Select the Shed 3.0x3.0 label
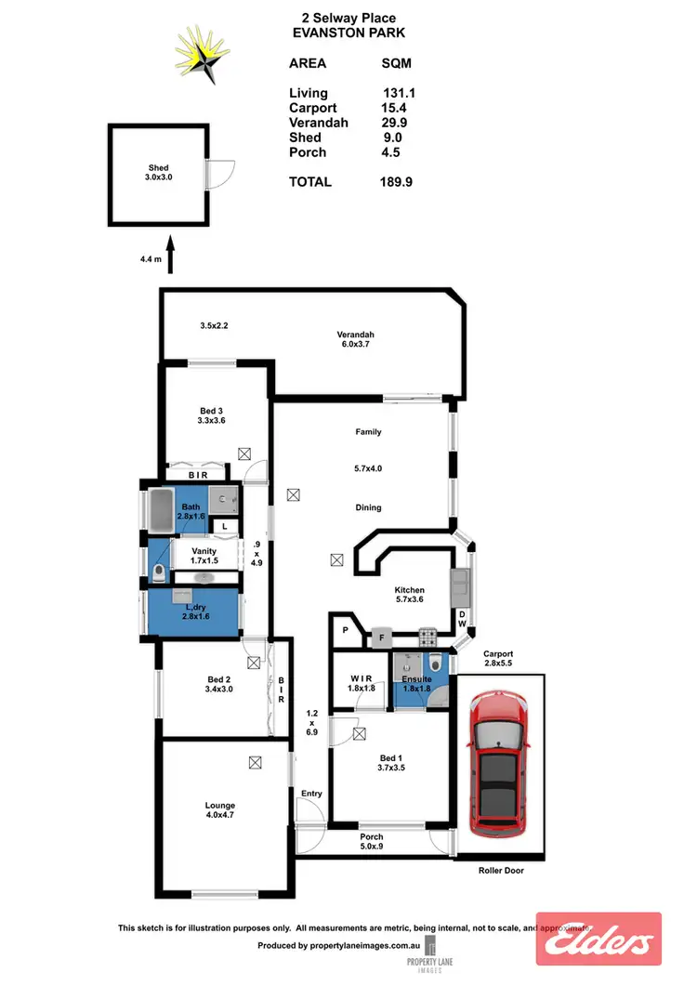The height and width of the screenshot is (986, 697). (x=157, y=173)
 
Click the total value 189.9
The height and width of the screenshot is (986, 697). (x=396, y=182)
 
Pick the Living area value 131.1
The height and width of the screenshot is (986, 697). (x=399, y=93)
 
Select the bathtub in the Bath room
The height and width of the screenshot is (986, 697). (x=163, y=512)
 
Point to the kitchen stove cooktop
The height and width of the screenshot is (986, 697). (x=429, y=638)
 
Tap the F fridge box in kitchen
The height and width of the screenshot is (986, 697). (x=380, y=638)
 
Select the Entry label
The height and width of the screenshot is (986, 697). (x=310, y=793)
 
